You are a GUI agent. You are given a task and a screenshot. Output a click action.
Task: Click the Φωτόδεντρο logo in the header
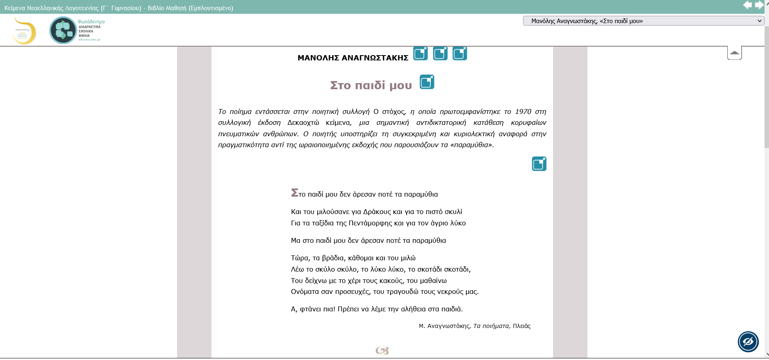point(77,30)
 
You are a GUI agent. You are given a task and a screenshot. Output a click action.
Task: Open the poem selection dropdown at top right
point(643,21)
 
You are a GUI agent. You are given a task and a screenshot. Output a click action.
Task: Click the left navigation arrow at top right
point(747,5)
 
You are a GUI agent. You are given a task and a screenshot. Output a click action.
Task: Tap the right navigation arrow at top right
point(759,5)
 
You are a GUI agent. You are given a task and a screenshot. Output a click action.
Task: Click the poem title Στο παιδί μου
point(371,85)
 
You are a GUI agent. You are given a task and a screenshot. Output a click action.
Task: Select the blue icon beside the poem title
point(427,82)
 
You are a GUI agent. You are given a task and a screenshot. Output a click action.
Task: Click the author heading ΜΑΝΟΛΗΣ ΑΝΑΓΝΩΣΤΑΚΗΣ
point(352,58)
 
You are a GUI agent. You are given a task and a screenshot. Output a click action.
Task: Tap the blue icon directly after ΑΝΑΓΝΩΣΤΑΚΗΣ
point(420,54)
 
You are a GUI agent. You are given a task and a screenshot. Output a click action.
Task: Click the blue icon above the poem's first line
point(539,164)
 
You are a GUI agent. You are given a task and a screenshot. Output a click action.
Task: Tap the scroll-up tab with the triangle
point(734,53)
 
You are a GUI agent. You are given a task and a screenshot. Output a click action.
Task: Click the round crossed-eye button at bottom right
point(748,342)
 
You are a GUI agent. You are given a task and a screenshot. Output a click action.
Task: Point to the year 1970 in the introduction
point(523,111)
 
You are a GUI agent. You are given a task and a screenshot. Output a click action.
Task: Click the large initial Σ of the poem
point(295,193)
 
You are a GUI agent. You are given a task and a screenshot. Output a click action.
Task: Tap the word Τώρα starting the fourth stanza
point(299,258)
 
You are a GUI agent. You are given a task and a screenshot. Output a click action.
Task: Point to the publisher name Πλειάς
point(521,326)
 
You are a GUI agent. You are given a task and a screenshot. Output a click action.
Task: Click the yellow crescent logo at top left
point(25,30)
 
